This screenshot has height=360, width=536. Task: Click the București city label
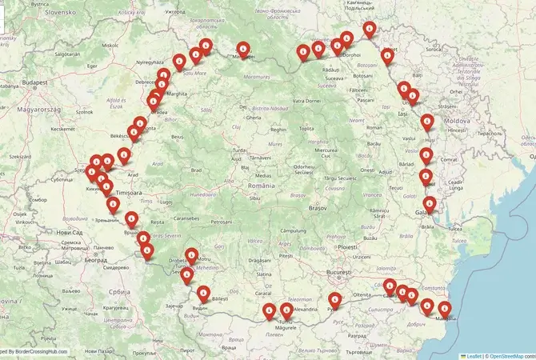pos(333,273)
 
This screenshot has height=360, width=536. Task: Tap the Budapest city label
pos(36,82)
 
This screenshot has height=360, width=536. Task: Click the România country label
pos(262,185)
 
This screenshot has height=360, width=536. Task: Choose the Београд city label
pos(95,260)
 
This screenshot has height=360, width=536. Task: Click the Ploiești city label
pos(347,247)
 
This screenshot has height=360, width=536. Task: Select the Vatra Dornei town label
pos(307,101)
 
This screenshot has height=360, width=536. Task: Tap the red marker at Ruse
pos(334,300)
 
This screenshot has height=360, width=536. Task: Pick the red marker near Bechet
pos(269,310)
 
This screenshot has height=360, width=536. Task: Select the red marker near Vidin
pos(204,293)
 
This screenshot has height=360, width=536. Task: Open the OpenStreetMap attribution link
pos(512,355)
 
